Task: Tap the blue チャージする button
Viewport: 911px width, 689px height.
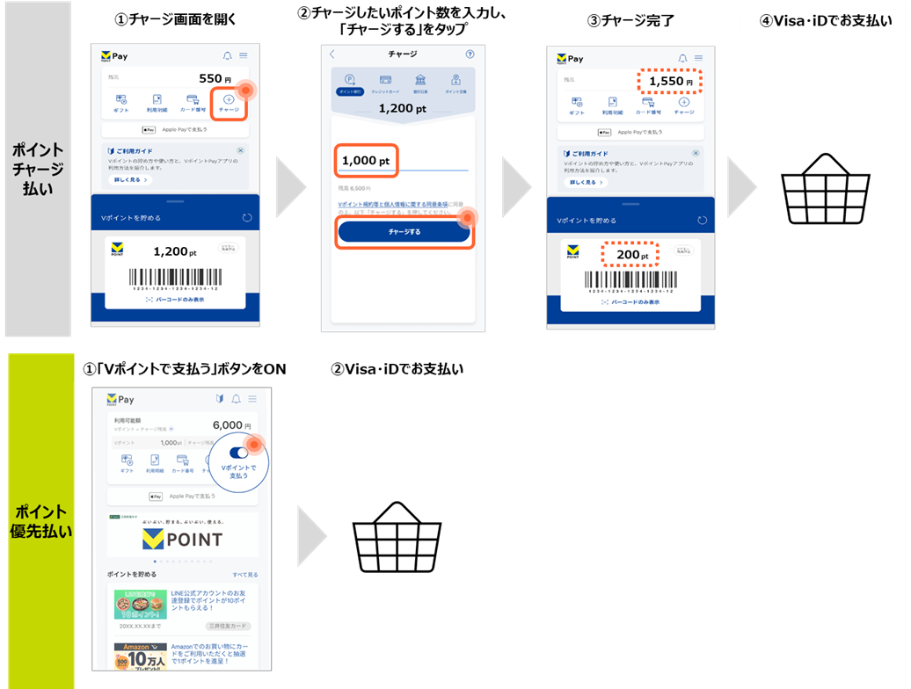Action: [404, 232]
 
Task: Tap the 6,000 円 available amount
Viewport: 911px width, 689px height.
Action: [232, 425]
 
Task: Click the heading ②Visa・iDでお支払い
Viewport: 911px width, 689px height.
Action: [397, 368]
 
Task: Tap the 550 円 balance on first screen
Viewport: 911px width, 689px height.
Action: [215, 78]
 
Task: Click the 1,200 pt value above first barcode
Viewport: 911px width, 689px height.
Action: [170, 251]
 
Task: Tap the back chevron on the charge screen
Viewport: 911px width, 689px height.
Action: [332, 54]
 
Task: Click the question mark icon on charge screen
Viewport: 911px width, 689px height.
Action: [469, 54]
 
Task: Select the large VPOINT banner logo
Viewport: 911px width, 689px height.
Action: [183, 538]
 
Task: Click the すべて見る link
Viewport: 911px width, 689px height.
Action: [245, 575]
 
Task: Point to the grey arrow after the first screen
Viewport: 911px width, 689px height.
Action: [290, 187]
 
